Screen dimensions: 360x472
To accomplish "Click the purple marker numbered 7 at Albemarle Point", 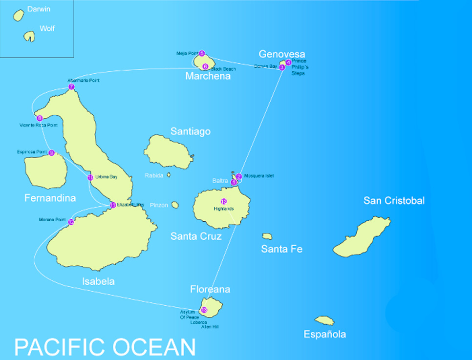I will pos(71,87).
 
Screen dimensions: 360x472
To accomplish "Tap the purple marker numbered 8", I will pos(40,118).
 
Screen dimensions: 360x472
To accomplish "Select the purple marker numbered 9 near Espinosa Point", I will pos(51,153).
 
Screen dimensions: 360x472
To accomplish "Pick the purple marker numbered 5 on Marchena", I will pos(202,53).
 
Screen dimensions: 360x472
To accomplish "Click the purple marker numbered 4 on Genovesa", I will pos(288,62).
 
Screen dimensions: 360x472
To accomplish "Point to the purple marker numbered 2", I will pos(239,176).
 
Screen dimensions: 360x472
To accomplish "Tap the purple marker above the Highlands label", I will pos(224,201).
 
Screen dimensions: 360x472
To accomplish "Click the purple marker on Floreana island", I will pos(204,310).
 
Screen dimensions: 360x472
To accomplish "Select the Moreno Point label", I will pos(52,220).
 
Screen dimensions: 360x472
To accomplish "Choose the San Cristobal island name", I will pos(394,201).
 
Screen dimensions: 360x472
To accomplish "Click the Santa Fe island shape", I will pos(267,236).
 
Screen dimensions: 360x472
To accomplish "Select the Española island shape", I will pos(324,320).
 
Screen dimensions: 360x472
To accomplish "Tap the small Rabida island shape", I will pos(169,174).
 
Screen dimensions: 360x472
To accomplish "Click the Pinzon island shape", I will pos(175,205).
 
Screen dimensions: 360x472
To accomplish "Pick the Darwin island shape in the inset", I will pos(19,16).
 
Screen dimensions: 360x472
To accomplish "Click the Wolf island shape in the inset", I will pos(30,36).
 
